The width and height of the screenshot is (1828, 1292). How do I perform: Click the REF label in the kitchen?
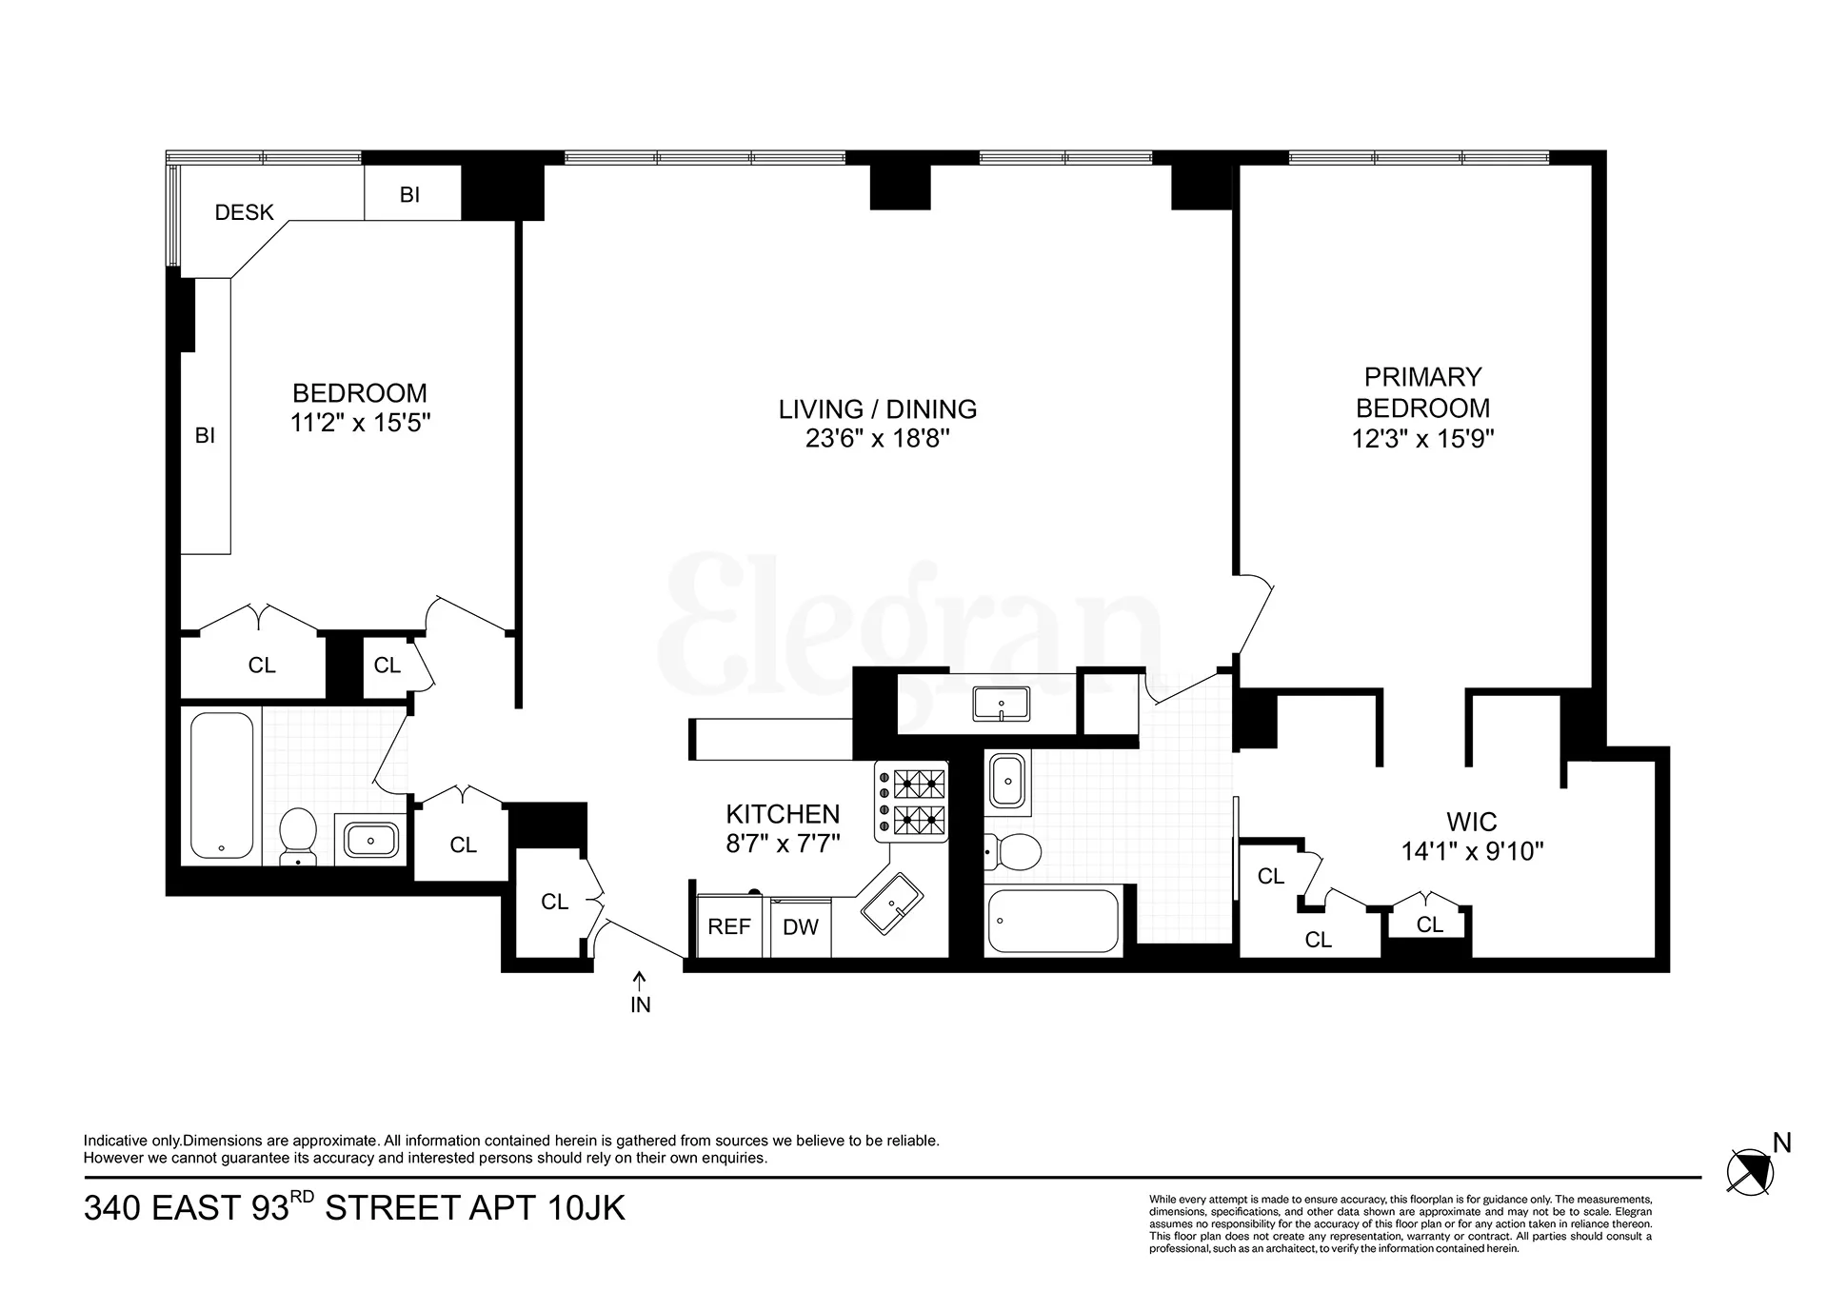click(x=729, y=926)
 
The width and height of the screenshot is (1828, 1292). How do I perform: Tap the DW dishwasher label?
click(x=801, y=927)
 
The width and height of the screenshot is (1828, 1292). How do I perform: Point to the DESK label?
click(x=244, y=212)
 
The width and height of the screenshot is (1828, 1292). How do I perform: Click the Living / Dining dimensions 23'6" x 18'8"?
click(x=877, y=439)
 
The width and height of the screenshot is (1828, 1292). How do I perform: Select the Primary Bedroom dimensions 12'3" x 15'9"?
click(x=1422, y=439)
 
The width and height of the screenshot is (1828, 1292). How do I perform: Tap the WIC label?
click(x=1471, y=821)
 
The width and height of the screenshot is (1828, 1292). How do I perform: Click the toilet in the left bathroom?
click(x=298, y=836)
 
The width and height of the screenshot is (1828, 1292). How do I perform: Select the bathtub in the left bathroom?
click(x=222, y=785)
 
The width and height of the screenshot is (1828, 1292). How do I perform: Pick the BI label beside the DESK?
click(x=409, y=194)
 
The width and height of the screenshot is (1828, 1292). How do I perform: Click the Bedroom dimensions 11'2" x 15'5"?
click(x=360, y=423)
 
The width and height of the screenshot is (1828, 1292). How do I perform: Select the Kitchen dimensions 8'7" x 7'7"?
click(x=783, y=844)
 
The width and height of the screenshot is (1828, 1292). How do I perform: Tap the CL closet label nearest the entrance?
click(x=554, y=902)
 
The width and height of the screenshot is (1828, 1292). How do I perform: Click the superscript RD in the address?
click(x=302, y=1197)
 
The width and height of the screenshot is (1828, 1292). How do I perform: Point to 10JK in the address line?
click(x=586, y=1208)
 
